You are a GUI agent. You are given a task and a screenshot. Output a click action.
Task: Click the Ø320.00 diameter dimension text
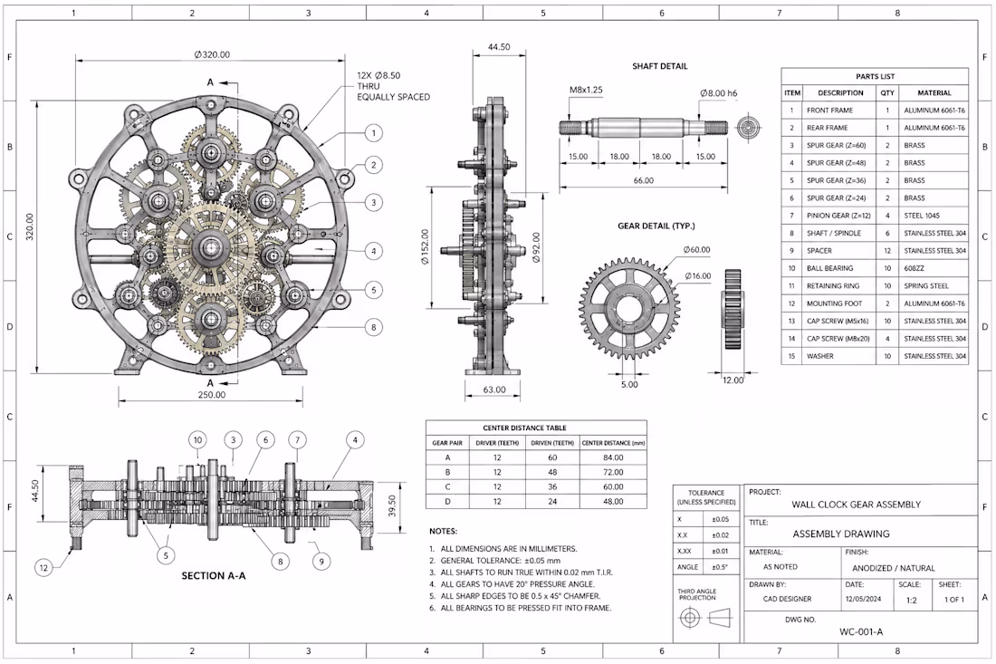212,54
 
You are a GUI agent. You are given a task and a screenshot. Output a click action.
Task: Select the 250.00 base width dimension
212,395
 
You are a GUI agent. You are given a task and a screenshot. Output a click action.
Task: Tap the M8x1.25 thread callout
586,90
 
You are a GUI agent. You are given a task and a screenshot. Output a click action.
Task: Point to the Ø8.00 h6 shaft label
719,92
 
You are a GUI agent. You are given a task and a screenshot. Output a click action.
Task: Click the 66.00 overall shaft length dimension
644,180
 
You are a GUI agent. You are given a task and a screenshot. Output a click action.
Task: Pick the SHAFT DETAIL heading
659,66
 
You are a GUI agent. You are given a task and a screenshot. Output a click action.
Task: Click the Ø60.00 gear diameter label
697,250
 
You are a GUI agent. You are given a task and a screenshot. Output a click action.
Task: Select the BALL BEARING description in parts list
829,268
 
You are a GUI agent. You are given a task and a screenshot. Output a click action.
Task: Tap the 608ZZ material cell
914,268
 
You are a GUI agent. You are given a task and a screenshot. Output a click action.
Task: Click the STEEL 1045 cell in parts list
922,216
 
